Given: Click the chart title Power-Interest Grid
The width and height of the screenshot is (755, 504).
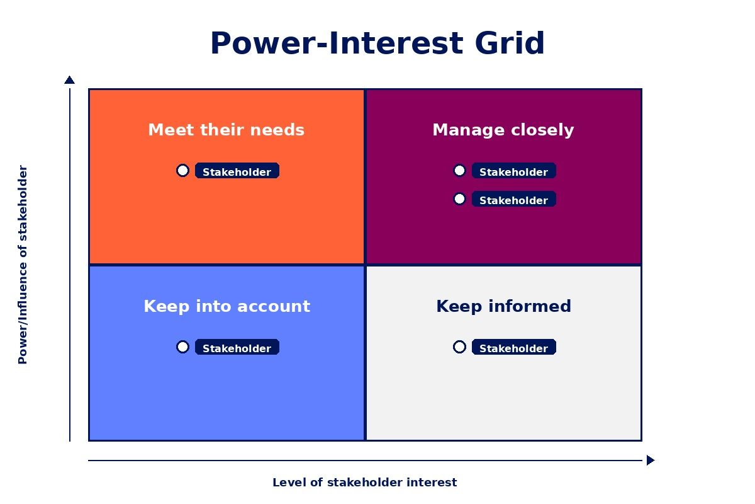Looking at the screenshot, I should (x=377, y=44).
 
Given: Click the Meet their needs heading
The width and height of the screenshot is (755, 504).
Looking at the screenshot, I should (x=226, y=130).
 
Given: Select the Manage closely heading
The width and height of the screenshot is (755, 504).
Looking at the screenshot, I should (x=503, y=130).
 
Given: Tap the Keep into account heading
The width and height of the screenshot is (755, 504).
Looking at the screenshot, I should (x=226, y=306).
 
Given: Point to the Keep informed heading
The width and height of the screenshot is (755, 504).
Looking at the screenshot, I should (x=503, y=306).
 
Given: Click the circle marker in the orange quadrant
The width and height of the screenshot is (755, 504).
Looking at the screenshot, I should (x=182, y=171).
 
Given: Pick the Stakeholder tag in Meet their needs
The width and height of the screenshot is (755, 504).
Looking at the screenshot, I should (x=237, y=171).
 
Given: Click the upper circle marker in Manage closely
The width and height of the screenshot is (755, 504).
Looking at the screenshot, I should (x=459, y=171).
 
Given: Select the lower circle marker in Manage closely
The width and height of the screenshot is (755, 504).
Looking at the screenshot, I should (x=459, y=199).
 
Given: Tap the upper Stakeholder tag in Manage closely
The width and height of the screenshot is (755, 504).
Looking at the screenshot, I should (x=514, y=171).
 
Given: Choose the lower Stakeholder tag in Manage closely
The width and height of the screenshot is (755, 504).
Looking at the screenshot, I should (x=514, y=200).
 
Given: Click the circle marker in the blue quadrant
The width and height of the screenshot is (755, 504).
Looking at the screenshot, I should (x=182, y=347).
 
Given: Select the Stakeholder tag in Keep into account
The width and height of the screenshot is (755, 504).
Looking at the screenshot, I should (x=237, y=348).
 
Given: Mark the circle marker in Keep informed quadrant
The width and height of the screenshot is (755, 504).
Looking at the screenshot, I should (x=459, y=347).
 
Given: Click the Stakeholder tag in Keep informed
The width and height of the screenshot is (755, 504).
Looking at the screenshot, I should (x=514, y=348).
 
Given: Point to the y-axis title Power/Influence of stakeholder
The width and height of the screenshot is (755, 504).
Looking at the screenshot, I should (x=23, y=265).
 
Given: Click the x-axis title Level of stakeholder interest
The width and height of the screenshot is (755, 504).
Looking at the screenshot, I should (x=364, y=483).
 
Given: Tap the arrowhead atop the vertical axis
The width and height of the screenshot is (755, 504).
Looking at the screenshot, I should (x=69, y=80).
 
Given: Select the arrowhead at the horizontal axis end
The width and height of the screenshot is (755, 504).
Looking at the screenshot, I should (x=650, y=460).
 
